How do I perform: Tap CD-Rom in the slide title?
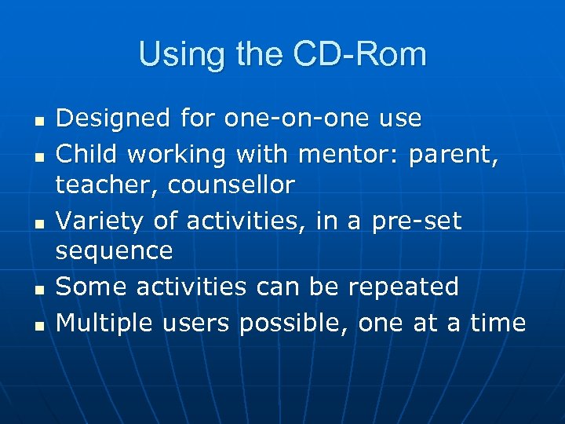tap(360, 55)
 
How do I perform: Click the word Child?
tap(87, 154)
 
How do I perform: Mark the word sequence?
tap(114, 252)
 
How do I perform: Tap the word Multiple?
tap(105, 323)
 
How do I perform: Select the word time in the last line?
tap(498, 322)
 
